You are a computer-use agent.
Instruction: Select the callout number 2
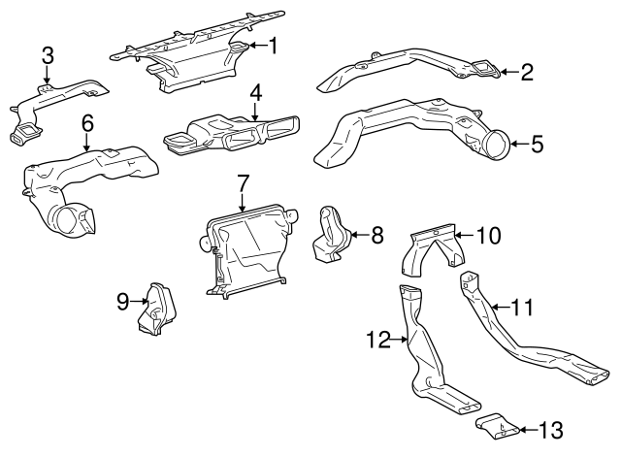(527, 71)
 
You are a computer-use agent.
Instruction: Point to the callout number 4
(255, 93)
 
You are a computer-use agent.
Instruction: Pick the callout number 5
(537, 145)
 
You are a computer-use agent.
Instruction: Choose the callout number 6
(87, 123)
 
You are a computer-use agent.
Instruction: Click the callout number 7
(243, 181)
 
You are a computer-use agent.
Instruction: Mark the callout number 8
(377, 234)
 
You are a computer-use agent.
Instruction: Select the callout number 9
(123, 301)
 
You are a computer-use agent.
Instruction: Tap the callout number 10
(488, 234)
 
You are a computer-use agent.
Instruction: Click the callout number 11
(523, 308)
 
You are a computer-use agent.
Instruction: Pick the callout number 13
(549, 428)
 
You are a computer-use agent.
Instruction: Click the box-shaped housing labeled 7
(247, 247)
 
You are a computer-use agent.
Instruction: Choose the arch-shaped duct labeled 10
(432, 247)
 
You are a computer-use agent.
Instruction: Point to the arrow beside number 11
(498, 308)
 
